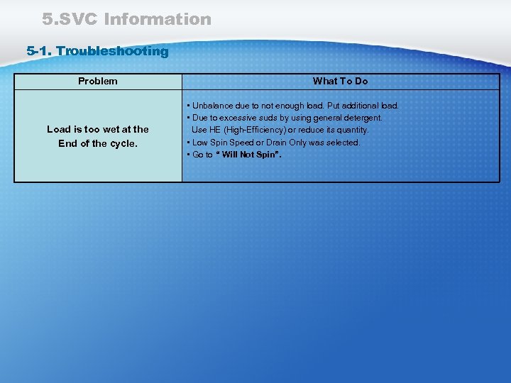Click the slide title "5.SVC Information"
[x=126, y=19]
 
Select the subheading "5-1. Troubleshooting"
[x=97, y=51]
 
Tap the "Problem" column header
[x=98, y=81]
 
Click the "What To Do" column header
[x=340, y=81]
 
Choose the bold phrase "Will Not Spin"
[x=248, y=155]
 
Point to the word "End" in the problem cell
[x=67, y=143]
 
